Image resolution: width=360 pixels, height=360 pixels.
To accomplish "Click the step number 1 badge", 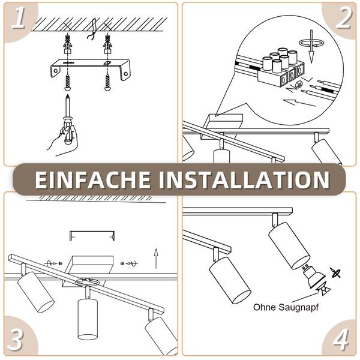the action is click(x=19, y=18).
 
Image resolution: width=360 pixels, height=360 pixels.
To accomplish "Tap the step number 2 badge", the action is click(x=343, y=18).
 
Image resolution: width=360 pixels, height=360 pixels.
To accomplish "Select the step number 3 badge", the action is click(x=15, y=340).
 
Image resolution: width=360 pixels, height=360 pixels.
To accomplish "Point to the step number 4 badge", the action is click(x=341, y=340).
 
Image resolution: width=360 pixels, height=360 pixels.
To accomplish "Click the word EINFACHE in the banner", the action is click(x=92, y=179).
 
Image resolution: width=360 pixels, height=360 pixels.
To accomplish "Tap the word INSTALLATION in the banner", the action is click(x=244, y=179).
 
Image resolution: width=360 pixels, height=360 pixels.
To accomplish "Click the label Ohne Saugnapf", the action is click(x=286, y=307).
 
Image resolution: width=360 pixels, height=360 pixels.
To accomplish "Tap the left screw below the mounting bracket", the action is click(x=67, y=82).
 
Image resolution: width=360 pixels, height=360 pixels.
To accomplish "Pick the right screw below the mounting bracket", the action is click(x=107, y=82).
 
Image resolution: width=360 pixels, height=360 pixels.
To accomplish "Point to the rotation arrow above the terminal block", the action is click(x=311, y=43).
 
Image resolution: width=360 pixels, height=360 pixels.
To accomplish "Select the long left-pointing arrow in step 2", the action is click(x=299, y=103).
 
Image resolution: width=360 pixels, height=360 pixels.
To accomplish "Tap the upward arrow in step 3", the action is click(x=156, y=259).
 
